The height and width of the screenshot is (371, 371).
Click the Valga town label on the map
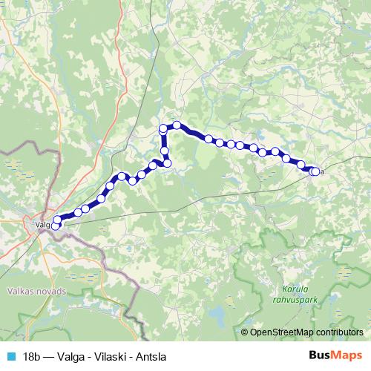coord(42,220)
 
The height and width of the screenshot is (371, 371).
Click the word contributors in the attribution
coord(338,332)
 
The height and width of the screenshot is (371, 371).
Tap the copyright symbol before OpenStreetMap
coord(245,332)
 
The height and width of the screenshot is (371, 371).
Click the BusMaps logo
coord(336,355)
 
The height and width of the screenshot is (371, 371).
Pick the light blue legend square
coord(10,355)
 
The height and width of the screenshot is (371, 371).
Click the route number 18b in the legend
coord(31,355)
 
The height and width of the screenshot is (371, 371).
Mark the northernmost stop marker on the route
coord(177,125)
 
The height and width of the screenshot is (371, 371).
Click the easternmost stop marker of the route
coord(315,171)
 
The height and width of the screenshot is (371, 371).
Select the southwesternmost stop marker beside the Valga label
coord(54,226)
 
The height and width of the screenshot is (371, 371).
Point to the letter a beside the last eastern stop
coord(323,172)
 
